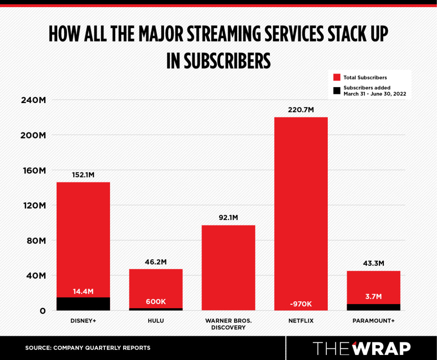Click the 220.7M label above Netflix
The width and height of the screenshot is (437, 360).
[x=301, y=110]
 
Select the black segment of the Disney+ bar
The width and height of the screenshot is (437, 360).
[x=83, y=304]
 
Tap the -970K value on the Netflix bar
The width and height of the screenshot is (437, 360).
[x=301, y=304]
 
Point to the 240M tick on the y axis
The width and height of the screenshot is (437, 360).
[x=33, y=100]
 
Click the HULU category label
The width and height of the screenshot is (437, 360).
[x=156, y=321]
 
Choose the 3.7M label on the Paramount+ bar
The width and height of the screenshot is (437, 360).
[x=373, y=296]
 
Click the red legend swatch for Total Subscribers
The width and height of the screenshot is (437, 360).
[x=337, y=77]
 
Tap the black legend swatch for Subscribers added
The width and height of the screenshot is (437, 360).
[x=337, y=91]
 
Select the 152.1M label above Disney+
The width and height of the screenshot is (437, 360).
[x=83, y=175]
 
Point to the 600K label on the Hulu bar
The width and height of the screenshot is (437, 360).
[x=156, y=302]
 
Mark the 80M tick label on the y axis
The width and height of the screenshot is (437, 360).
[x=36, y=241]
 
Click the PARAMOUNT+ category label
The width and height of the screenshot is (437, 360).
[x=373, y=321]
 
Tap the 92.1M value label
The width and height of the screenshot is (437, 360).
[x=228, y=218]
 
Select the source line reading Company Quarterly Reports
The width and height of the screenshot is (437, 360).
[x=88, y=348]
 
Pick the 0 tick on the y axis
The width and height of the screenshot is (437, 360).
[x=42, y=311]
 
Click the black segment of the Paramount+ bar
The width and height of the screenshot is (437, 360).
[x=373, y=307]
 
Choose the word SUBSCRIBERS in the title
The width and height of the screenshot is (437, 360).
[x=227, y=61]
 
